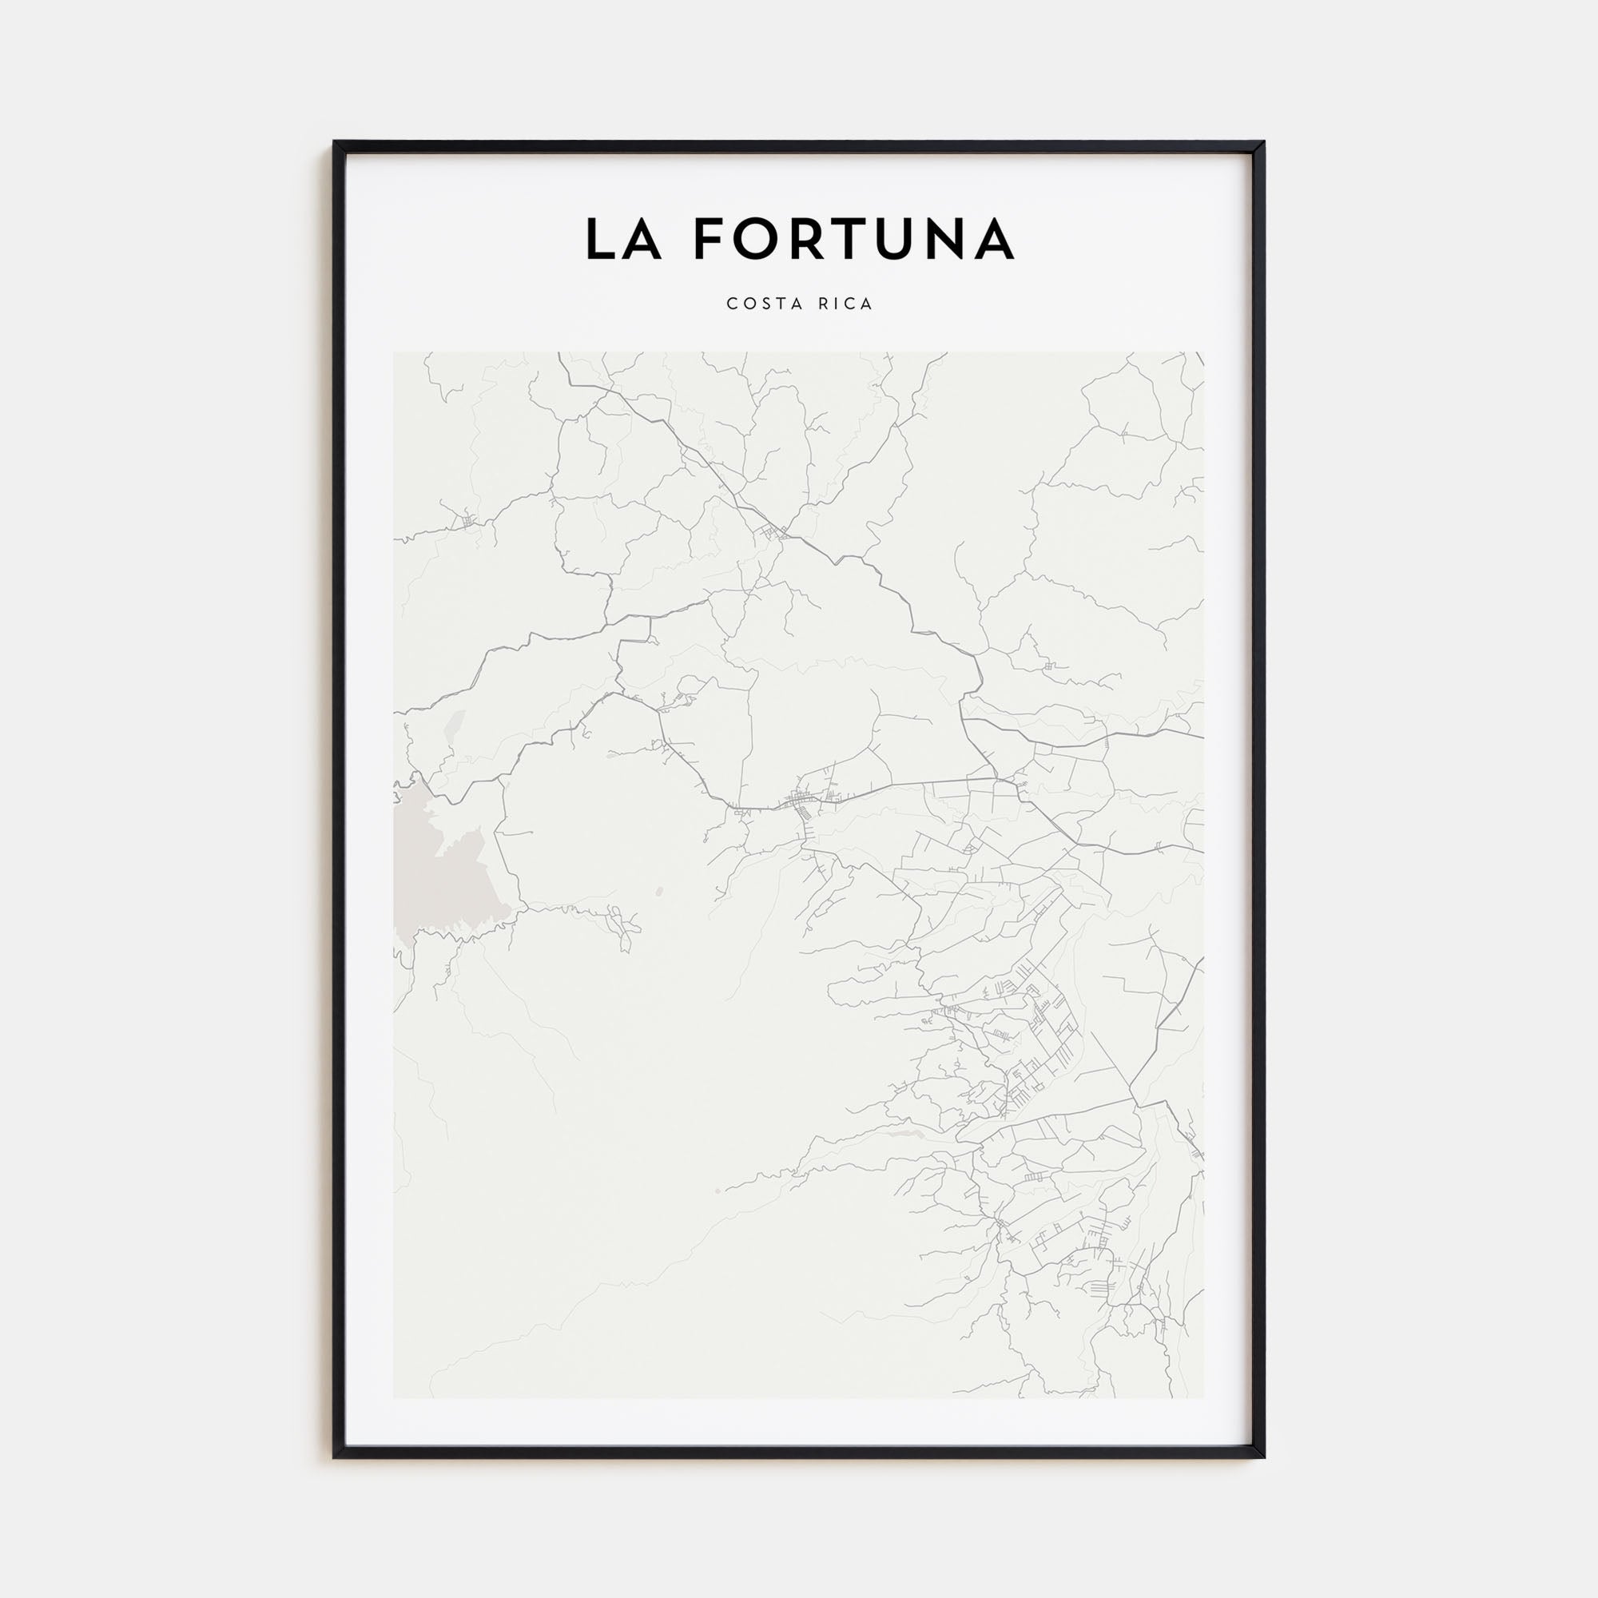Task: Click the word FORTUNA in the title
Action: pos(853,239)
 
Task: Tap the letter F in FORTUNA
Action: pos(709,239)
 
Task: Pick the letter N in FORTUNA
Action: pos(948,239)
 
